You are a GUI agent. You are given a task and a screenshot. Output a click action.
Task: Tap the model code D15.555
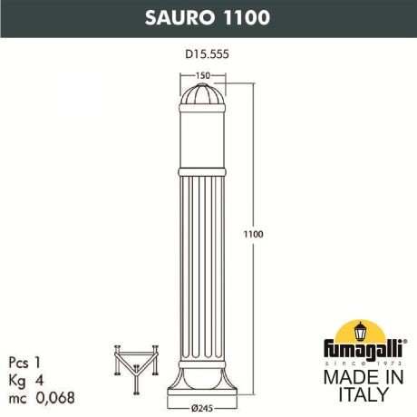tap(208, 53)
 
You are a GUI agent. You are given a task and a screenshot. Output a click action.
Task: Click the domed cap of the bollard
tap(204, 96)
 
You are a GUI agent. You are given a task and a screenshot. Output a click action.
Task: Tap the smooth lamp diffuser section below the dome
tap(204, 136)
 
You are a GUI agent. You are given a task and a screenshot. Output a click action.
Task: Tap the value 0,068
tap(55, 398)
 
